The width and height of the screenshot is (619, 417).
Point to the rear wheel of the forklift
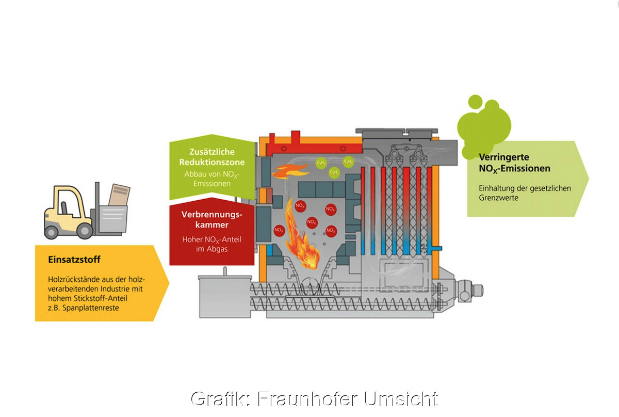(x=51, y=232)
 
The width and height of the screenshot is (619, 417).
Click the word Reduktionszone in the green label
(x=211, y=162)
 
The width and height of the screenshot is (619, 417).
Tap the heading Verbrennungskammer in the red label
(x=211, y=219)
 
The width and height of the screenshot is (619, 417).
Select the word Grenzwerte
(x=498, y=198)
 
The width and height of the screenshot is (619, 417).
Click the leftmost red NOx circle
(x=279, y=230)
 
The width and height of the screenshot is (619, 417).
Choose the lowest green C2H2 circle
(x=334, y=172)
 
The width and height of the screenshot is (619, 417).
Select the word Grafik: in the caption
(x=221, y=398)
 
